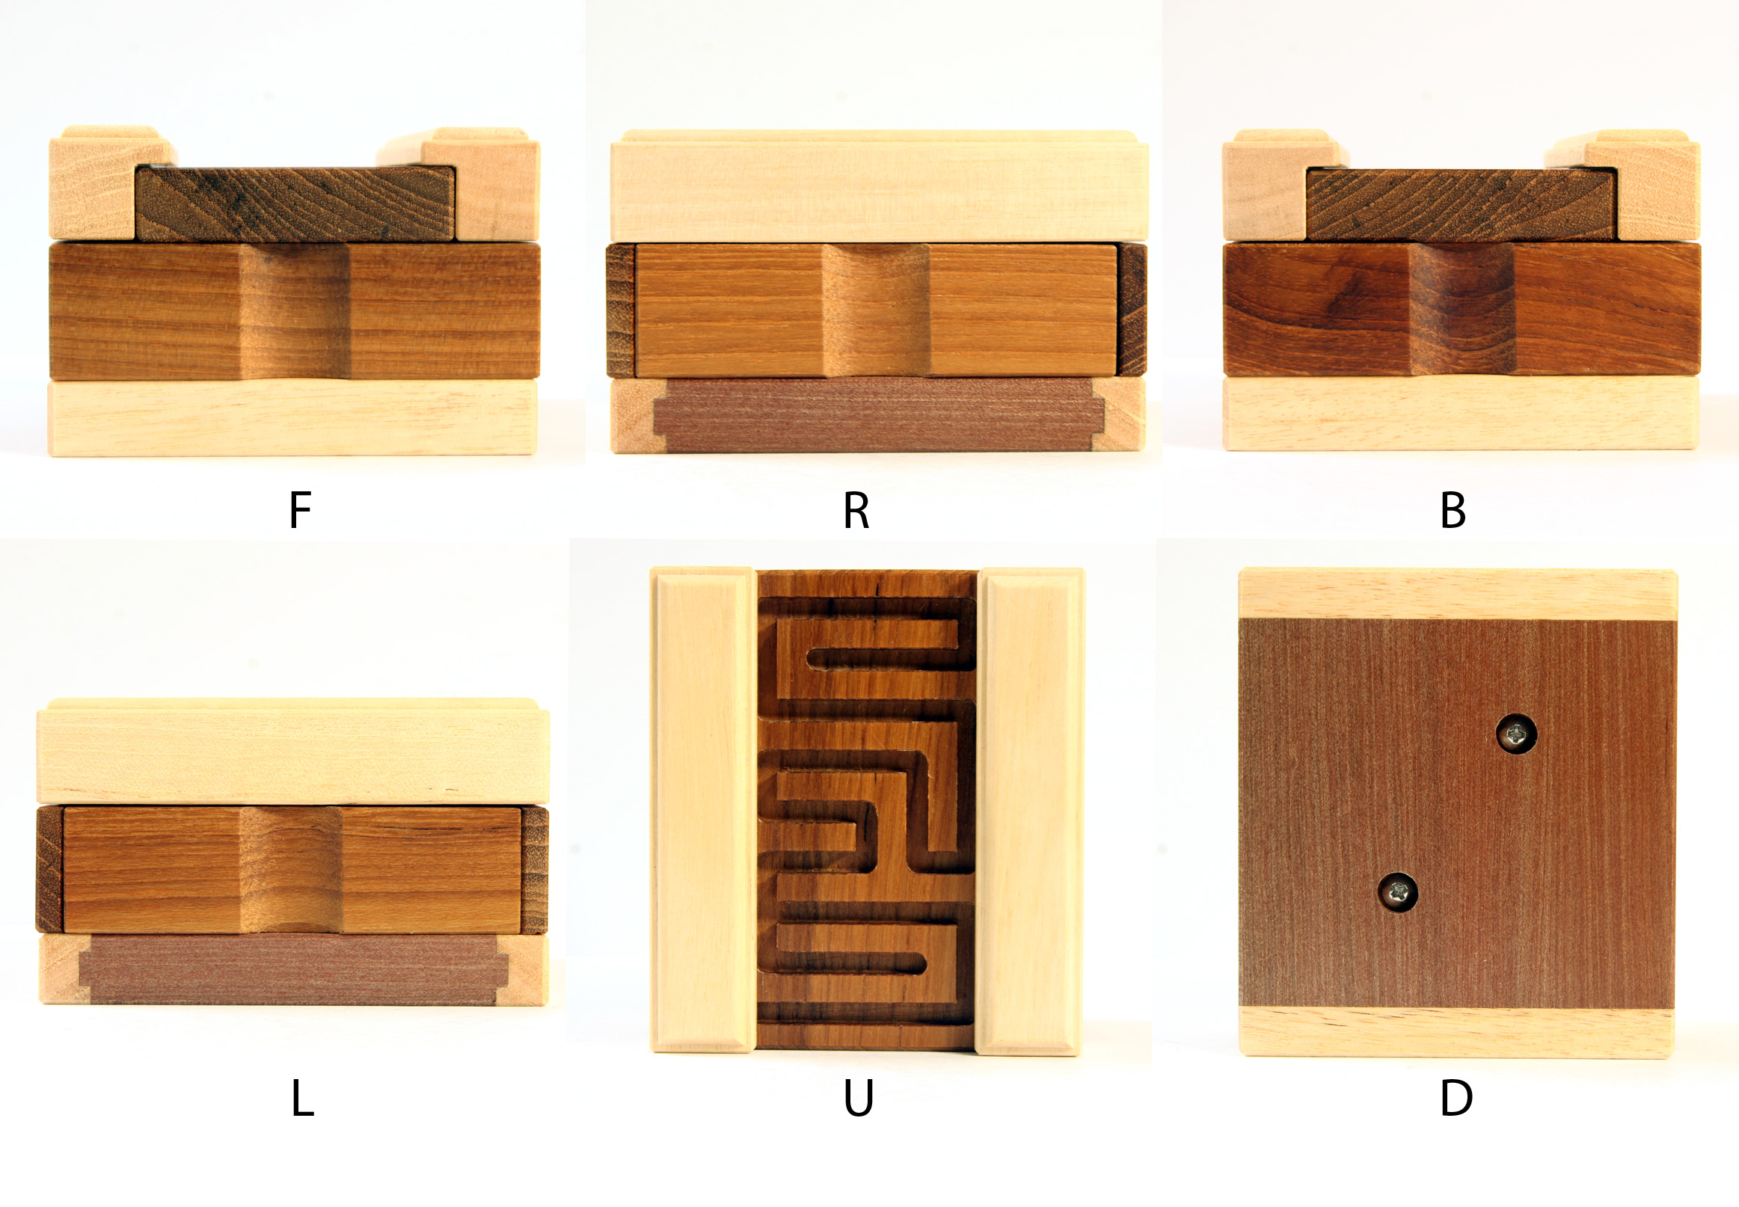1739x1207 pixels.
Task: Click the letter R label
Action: [x=856, y=511]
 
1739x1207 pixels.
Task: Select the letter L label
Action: [x=303, y=1098]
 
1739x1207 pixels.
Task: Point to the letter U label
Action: [x=859, y=1099]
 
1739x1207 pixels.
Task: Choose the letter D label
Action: [x=1456, y=1098]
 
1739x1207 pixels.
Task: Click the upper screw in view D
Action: [x=1517, y=734]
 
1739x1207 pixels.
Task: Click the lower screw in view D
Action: [x=1397, y=892]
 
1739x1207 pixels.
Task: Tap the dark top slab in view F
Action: [x=295, y=204]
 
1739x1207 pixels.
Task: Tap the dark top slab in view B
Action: [x=1461, y=205]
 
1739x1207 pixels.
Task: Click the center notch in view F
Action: [x=293, y=311]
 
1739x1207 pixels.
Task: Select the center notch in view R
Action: [x=876, y=310]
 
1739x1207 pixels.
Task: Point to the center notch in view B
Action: [x=1463, y=309]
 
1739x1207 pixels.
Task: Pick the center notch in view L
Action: [x=291, y=870]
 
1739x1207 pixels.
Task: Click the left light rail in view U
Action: [x=704, y=810]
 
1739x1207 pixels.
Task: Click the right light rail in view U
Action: [x=1030, y=811]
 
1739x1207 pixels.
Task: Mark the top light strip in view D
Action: [x=1458, y=595]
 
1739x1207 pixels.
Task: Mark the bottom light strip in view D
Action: [x=1456, y=1033]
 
